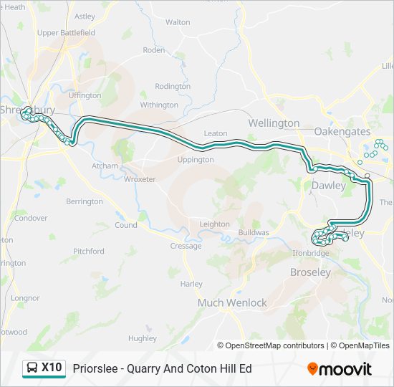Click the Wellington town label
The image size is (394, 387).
(x=274, y=123)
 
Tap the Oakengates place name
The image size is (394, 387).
(x=342, y=132)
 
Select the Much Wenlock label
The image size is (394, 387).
(x=232, y=302)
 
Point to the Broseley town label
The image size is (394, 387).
(x=310, y=272)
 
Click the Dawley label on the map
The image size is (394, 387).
(x=329, y=186)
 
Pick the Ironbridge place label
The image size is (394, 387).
(x=311, y=253)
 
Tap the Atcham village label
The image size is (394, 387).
(x=105, y=166)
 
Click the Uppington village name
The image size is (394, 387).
(x=195, y=160)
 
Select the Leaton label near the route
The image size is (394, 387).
(x=215, y=133)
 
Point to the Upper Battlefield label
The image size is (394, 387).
(x=66, y=33)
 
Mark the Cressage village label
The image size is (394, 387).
(x=186, y=246)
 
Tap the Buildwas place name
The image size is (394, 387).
(x=253, y=233)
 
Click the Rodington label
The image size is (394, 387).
(x=173, y=86)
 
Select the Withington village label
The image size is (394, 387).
(x=159, y=105)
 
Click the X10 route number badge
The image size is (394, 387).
(x=52, y=368)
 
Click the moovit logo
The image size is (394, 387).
(x=340, y=369)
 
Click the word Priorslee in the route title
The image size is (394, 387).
(x=95, y=369)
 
